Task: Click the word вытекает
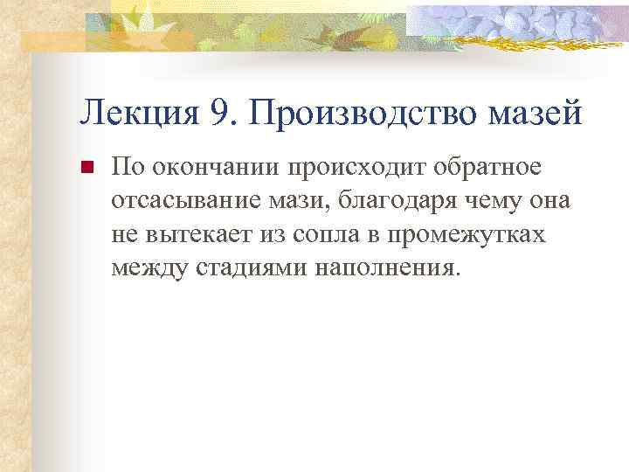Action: click(x=188, y=234)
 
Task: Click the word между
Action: click(x=146, y=267)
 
